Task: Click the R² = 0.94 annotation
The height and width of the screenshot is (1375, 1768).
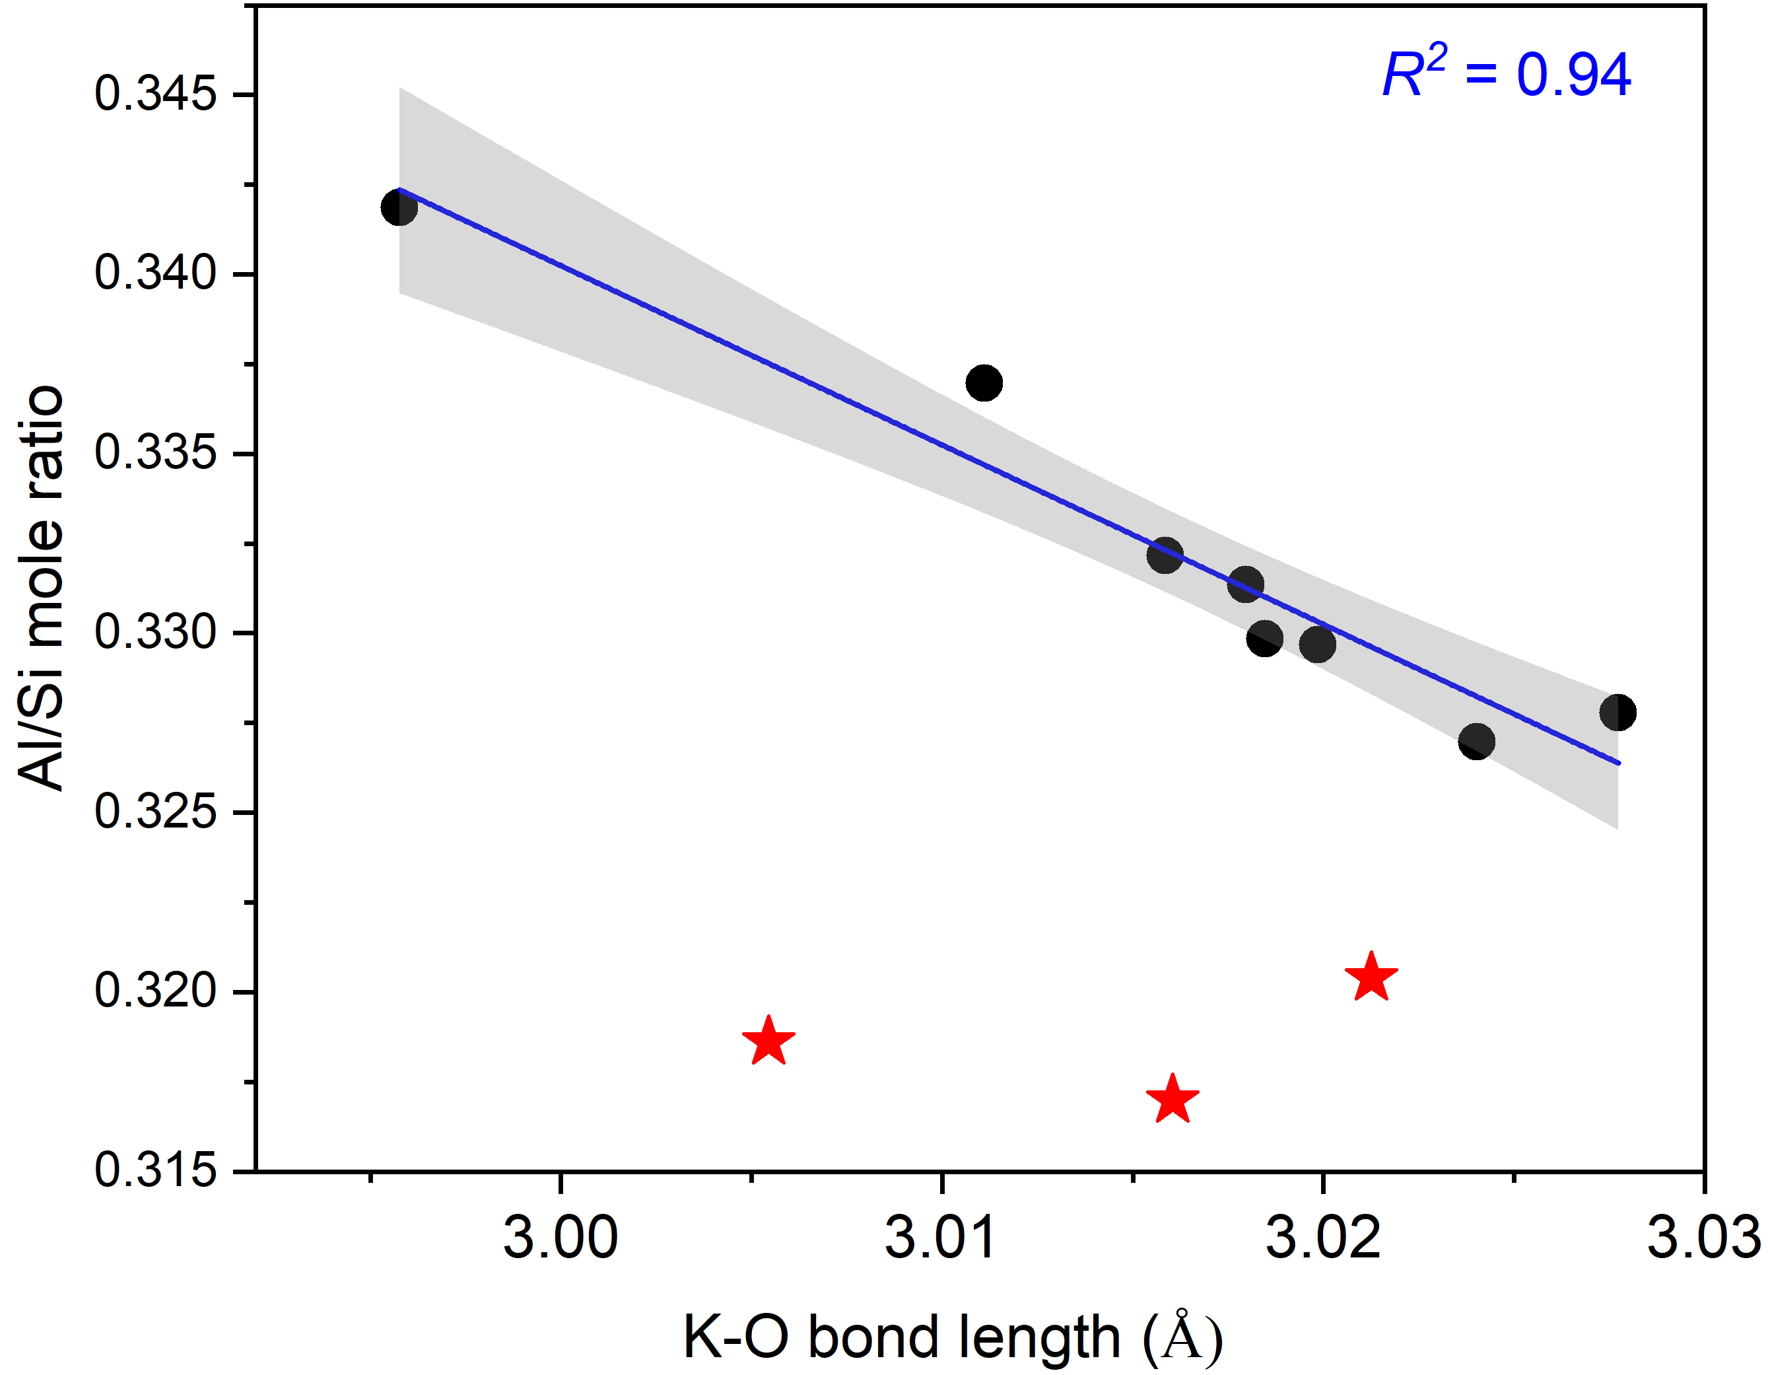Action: point(1506,75)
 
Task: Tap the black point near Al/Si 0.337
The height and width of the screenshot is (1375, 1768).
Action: point(984,382)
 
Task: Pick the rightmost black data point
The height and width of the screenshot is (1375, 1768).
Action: point(1617,713)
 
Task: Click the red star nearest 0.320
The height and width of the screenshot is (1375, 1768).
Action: point(1371,977)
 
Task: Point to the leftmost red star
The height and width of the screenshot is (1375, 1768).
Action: point(768,1041)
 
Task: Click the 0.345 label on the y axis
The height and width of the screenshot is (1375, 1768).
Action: point(155,93)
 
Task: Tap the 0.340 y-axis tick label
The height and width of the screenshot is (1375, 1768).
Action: point(155,273)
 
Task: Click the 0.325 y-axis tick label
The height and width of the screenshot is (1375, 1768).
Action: point(155,812)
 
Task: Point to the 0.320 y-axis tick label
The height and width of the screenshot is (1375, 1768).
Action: point(155,991)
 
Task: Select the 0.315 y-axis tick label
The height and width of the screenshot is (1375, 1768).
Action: point(155,1170)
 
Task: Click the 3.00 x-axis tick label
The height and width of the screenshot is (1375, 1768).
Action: point(561,1238)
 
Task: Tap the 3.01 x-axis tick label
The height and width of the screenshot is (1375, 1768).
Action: point(941,1238)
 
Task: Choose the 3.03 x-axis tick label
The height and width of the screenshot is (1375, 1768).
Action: point(1703,1238)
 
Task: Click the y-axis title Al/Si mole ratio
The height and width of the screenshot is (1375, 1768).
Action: point(40,587)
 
